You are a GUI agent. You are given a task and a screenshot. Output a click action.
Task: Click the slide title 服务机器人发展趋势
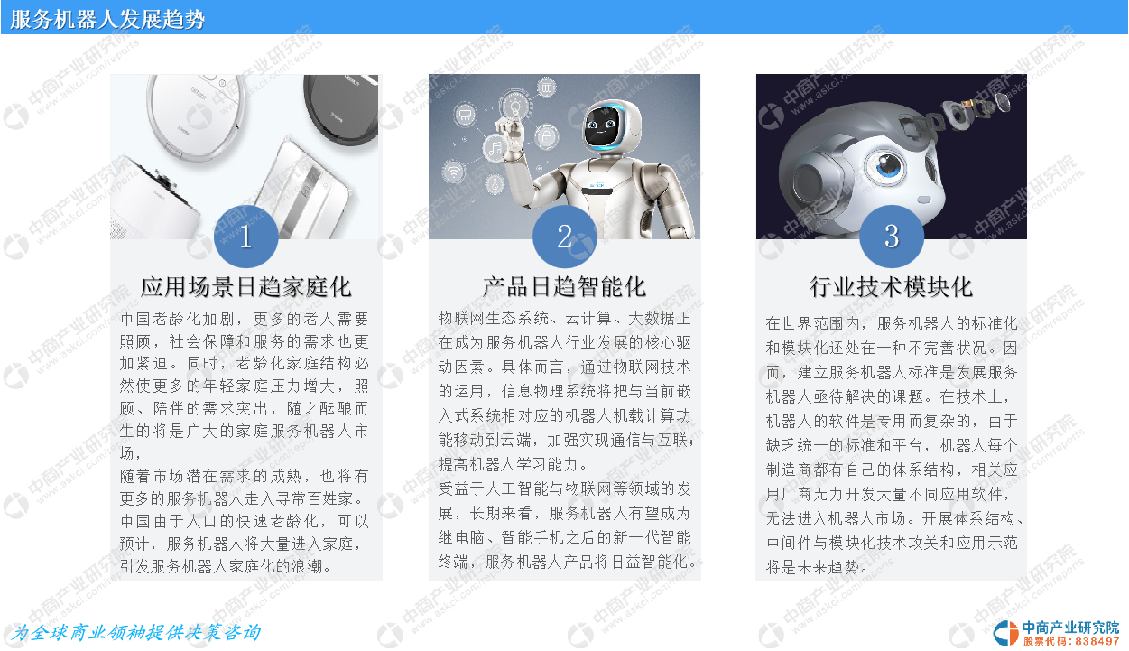tap(107, 19)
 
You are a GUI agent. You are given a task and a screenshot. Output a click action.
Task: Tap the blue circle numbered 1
tap(246, 236)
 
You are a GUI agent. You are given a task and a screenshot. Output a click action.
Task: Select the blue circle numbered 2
tap(565, 236)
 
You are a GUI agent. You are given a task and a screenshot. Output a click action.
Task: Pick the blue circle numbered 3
tap(891, 236)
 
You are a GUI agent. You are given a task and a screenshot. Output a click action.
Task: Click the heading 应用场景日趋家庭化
tap(246, 287)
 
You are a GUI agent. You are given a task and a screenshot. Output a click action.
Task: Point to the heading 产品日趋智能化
tap(565, 287)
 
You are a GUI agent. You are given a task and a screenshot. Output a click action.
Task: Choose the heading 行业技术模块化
tap(891, 287)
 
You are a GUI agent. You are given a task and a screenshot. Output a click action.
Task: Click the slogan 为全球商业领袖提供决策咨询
tap(136, 632)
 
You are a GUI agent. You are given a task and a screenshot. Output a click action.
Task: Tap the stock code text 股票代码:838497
tap(1071, 641)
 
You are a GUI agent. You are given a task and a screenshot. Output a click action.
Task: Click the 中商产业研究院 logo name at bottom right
tap(1071, 628)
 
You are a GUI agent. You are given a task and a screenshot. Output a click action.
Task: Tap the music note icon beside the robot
tap(495, 148)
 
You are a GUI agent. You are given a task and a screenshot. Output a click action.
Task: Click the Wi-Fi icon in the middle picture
tap(454, 172)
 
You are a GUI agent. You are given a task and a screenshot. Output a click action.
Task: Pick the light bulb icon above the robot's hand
tap(515, 106)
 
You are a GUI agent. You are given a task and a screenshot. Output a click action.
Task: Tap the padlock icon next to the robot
tap(546, 135)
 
